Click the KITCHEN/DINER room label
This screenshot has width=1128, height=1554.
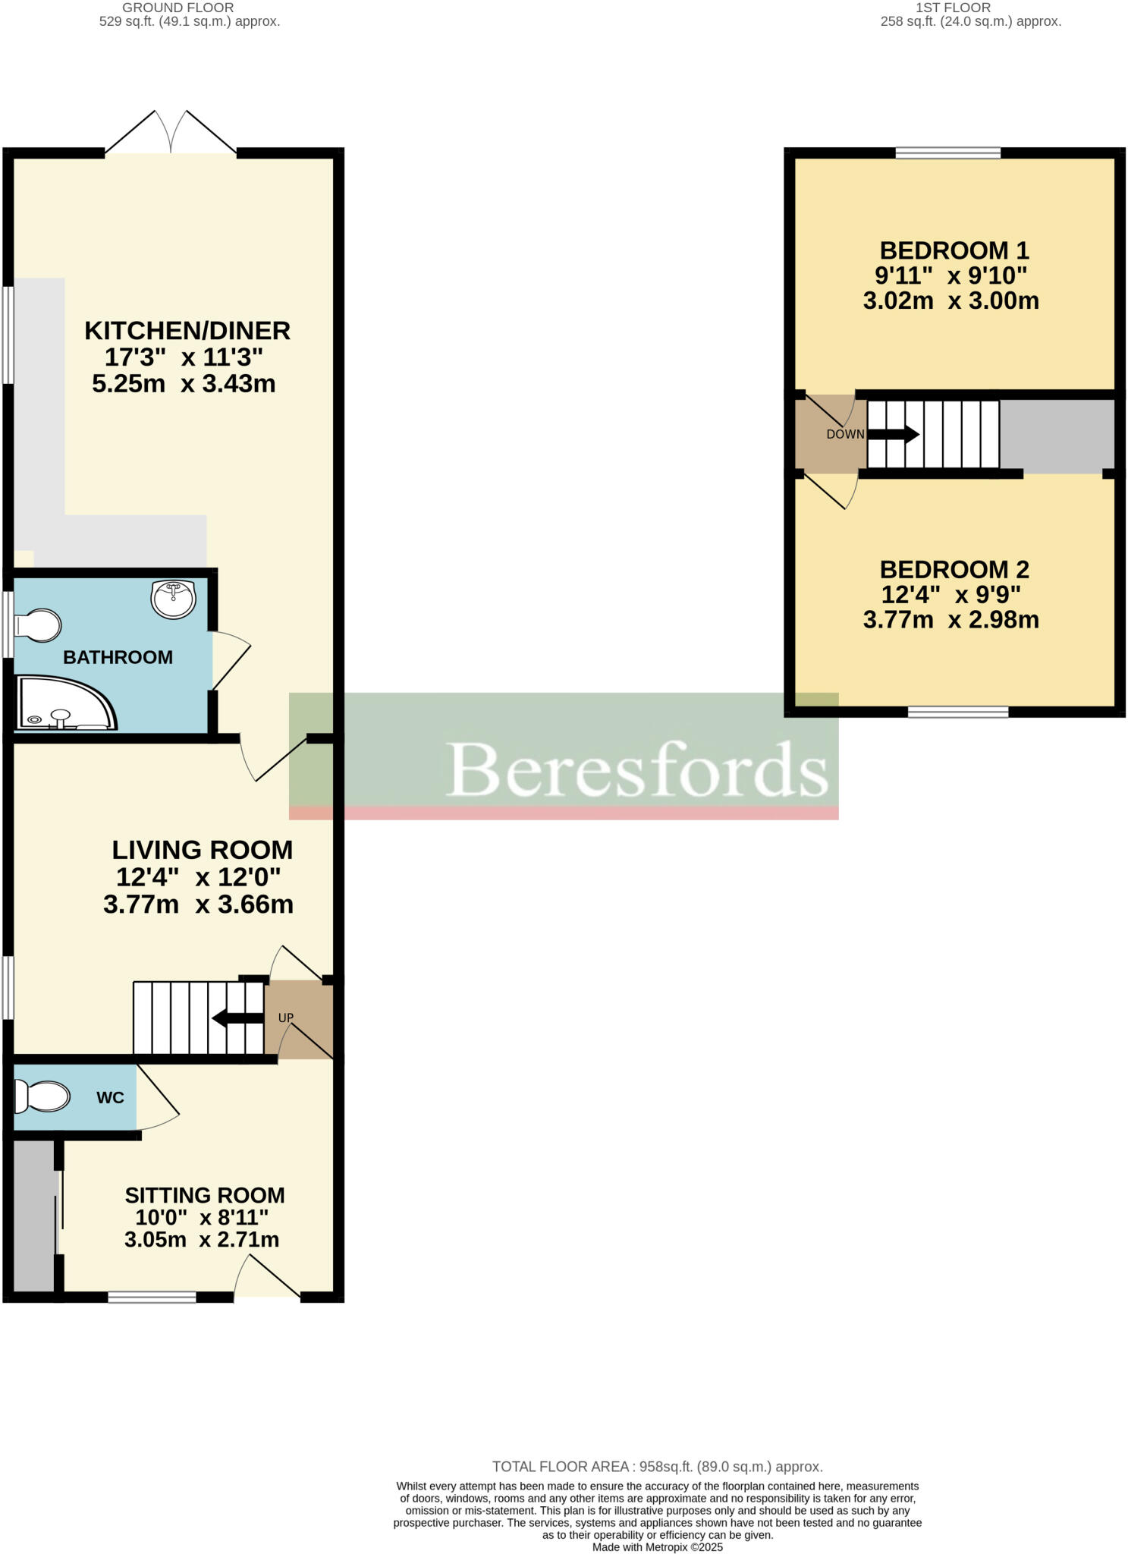point(187,331)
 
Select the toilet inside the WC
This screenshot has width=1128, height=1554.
point(42,1096)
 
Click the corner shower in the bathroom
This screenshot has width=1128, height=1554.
point(64,703)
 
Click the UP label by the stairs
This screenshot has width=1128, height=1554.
point(285,1018)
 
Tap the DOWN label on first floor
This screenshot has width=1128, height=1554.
point(845,434)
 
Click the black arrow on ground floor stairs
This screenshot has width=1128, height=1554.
point(237,1018)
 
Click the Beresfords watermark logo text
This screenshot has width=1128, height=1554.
point(637,769)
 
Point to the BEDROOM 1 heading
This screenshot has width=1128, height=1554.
point(954,250)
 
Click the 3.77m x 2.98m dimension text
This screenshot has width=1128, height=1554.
point(950,620)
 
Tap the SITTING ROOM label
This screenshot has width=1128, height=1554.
point(205,1195)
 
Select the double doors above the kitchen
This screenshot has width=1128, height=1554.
point(171,133)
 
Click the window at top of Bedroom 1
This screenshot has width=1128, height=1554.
point(947,153)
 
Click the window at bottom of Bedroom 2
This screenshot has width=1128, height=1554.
point(958,712)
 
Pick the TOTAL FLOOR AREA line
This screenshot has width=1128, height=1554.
point(657,1467)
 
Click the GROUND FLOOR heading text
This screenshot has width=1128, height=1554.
point(178,8)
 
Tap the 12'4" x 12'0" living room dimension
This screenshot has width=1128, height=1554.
point(198,877)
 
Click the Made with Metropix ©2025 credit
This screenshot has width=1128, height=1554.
point(657,1547)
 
